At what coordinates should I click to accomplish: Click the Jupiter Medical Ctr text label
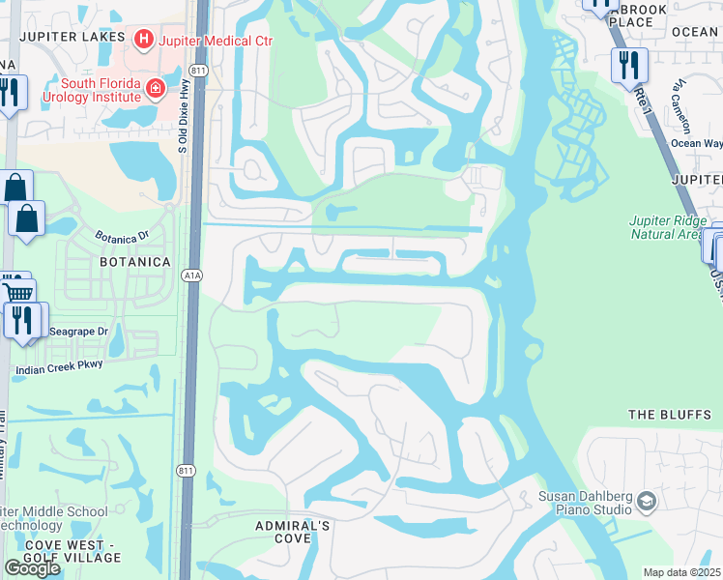[x=204, y=40]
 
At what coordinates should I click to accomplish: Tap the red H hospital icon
[x=144, y=40]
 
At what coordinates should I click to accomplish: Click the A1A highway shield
[x=191, y=275]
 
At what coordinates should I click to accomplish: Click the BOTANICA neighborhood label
[x=134, y=262]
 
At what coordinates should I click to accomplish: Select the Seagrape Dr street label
[x=78, y=331]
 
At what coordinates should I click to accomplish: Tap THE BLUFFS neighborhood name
[x=670, y=415]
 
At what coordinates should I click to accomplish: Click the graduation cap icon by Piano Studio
[x=647, y=501]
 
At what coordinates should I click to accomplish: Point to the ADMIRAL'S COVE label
[x=292, y=532]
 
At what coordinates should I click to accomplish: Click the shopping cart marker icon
[x=17, y=292]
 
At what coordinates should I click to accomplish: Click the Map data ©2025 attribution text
[x=681, y=572]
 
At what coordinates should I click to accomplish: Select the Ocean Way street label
[x=696, y=143]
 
